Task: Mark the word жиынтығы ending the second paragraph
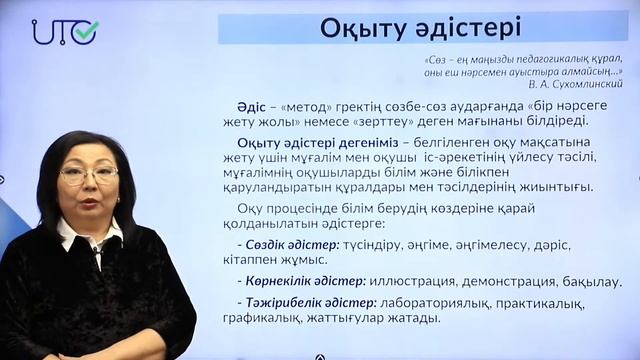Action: (x=556, y=186)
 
